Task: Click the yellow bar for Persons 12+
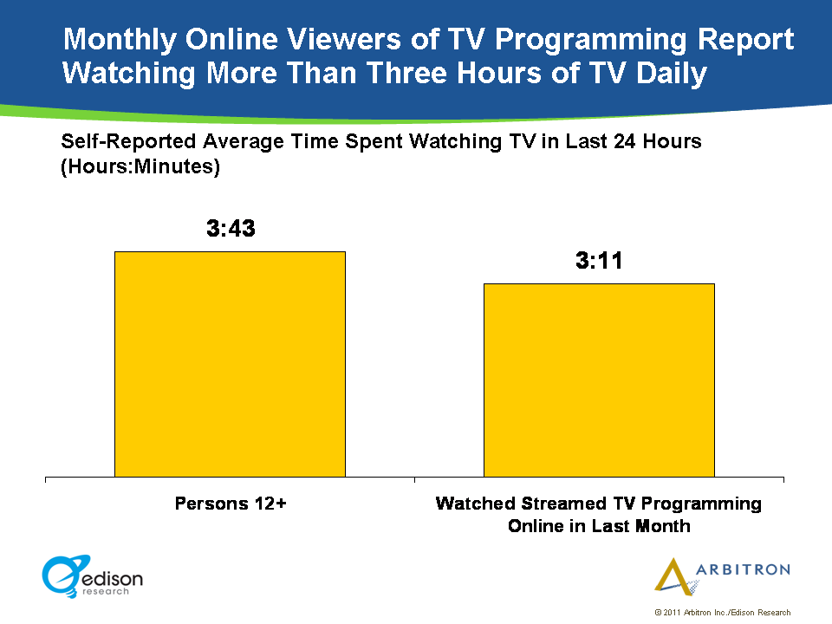coord(230,364)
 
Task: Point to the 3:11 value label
coord(600,261)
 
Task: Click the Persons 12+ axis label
coord(231,503)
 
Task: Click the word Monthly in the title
coord(121,40)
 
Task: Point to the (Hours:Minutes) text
coord(140,167)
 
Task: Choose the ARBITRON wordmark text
coord(743,569)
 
